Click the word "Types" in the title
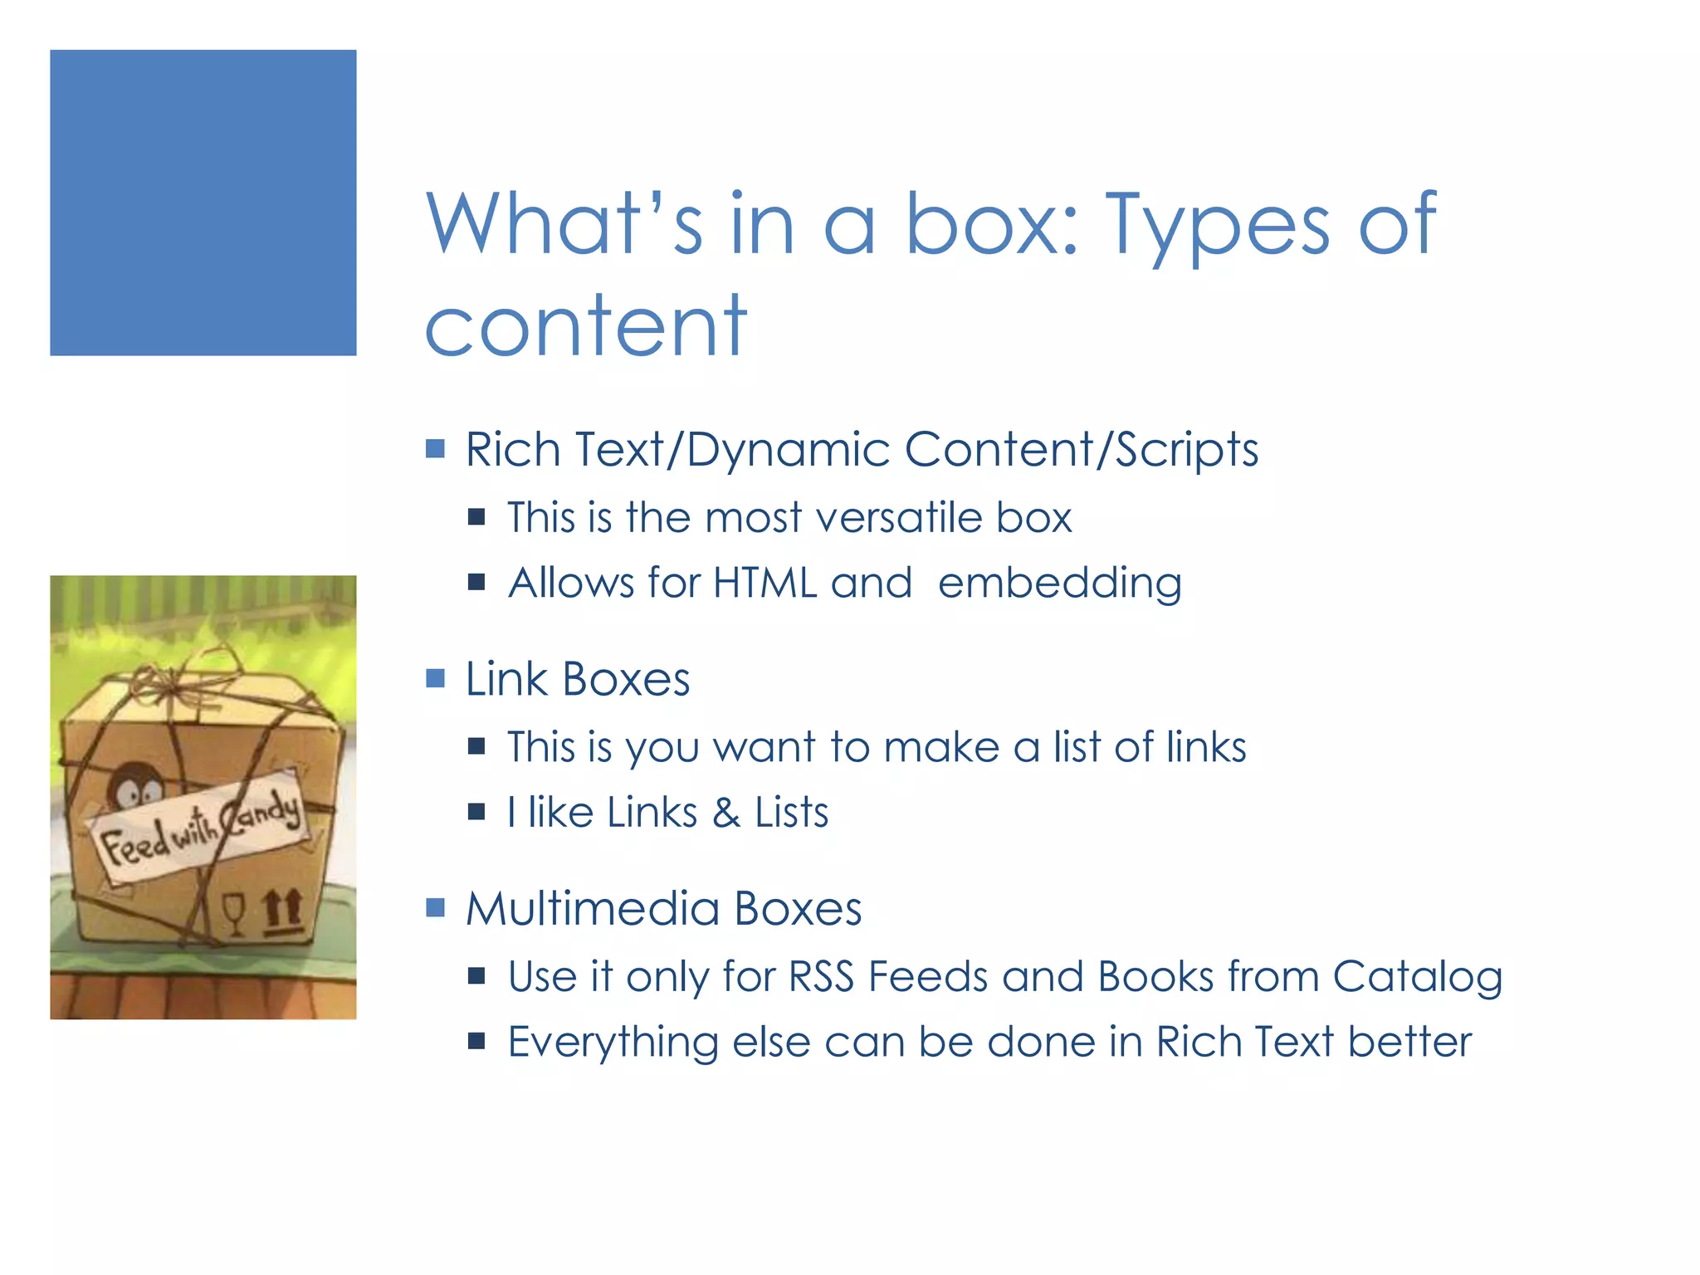1219,224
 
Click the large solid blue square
203,203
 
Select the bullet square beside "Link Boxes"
435,679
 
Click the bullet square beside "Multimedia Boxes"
435,907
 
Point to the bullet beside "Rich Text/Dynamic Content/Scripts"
435,449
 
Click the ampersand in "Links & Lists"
725,813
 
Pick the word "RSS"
821,976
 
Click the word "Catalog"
1418,978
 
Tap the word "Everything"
613,1043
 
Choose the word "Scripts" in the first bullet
1186,451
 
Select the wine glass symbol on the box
235,913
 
